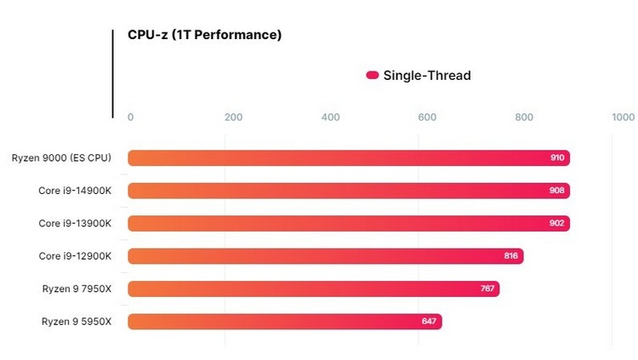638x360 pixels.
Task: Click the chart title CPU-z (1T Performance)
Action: click(x=204, y=36)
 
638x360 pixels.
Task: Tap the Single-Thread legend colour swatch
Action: click(x=372, y=75)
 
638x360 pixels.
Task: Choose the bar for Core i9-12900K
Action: click(x=323, y=256)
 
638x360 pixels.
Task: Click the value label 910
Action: click(x=557, y=158)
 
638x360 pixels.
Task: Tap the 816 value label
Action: click(x=511, y=256)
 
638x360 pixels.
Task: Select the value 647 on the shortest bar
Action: click(x=430, y=322)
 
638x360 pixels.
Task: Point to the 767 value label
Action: click(x=487, y=289)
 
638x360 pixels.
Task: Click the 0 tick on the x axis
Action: click(x=130, y=117)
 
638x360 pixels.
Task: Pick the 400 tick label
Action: click(x=331, y=117)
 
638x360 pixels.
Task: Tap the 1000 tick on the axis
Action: click(x=623, y=117)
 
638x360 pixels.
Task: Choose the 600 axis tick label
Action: click(x=428, y=117)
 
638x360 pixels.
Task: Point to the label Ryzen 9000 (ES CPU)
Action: click(x=61, y=157)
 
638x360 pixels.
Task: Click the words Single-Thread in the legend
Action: click(x=427, y=75)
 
